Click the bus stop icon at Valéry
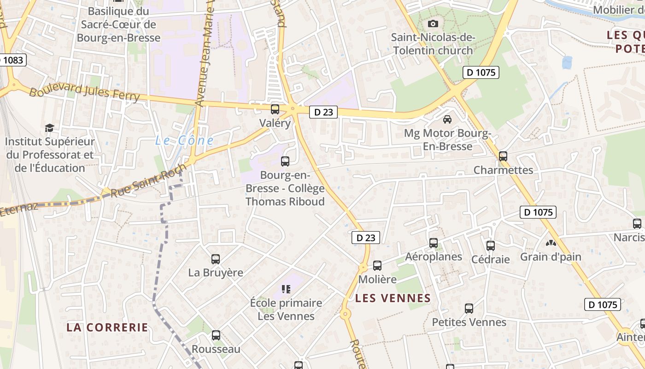point(275,109)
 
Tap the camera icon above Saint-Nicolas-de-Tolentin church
point(433,24)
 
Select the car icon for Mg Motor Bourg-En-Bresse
point(447,119)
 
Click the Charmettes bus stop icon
point(503,156)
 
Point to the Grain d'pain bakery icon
point(551,243)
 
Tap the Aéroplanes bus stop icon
point(434,243)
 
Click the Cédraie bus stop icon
point(491,245)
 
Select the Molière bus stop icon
point(377,266)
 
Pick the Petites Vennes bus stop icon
point(469,309)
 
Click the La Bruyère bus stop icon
point(216,259)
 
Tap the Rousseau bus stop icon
point(216,335)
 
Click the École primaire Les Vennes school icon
point(286,289)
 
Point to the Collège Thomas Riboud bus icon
point(285,161)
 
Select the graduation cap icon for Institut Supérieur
point(49,128)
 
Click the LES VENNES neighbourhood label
point(393,298)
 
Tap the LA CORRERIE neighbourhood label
point(107,327)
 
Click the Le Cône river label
point(184,141)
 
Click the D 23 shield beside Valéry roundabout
point(323,112)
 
